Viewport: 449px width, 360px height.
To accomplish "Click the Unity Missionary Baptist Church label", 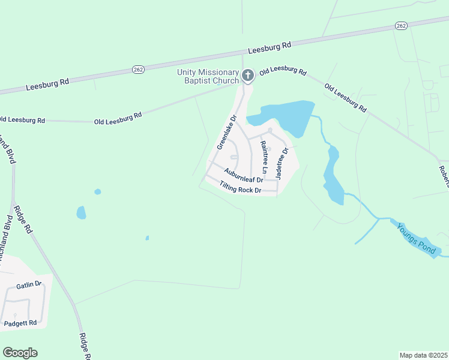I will pyautogui.click(x=207, y=76).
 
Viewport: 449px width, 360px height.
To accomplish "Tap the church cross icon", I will pyautogui.click(x=248, y=76).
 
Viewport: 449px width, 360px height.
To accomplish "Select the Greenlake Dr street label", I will pyautogui.click(x=228, y=132).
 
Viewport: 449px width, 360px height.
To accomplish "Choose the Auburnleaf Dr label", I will pyautogui.click(x=244, y=175).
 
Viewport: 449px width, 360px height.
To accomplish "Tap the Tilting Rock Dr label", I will pyautogui.click(x=240, y=187).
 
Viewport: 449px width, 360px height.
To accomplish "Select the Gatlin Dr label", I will pyautogui.click(x=29, y=284).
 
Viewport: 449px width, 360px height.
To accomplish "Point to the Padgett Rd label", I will pyautogui.click(x=20, y=323).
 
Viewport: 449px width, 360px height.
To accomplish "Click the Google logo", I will pyautogui.click(x=20, y=353).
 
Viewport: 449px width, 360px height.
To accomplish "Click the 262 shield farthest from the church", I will pyautogui.click(x=401, y=25).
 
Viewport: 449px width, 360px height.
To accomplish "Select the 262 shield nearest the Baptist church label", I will pyautogui.click(x=138, y=70).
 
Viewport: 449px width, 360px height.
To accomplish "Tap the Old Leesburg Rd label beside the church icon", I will pyautogui.click(x=283, y=70).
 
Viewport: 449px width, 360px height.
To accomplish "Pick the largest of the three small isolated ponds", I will pyautogui.click(x=81, y=212).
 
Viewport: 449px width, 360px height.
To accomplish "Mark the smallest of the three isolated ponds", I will pyautogui.click(x=147, y=238).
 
